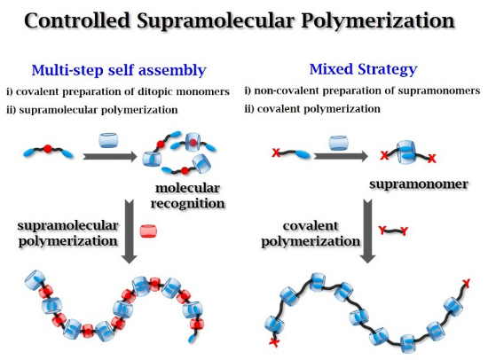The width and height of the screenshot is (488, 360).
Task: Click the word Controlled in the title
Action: click(77, 20)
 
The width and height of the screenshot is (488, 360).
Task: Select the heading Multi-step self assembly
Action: click(119, 70)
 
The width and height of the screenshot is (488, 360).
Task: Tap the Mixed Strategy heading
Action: click(363, 69)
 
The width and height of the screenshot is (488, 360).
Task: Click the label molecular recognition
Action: click(188, 196)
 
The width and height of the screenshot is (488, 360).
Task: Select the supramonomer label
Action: click(419, 184)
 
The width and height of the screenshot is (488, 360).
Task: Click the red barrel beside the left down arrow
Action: click(148, 231)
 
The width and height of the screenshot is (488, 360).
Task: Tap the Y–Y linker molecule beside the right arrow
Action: click(393, 231)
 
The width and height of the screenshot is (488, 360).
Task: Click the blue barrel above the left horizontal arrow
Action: click(108, 140)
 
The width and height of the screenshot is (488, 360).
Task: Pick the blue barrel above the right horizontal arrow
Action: click(339, 143)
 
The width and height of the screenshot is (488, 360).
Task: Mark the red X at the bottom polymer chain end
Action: click(274, 342)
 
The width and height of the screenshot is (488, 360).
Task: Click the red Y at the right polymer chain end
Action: click(466, 283)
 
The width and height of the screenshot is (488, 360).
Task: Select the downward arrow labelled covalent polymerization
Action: click(367, 231)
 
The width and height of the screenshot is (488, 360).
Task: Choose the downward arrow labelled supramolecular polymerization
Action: click(130, 231)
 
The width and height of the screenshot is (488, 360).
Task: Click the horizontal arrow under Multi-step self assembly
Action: click(109, 156)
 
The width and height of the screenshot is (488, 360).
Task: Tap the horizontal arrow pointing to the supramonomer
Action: click(341, 155)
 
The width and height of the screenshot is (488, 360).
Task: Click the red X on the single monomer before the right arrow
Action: click(276, 153)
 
